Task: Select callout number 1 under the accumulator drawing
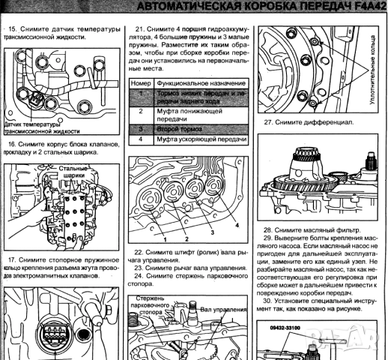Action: coord(160,238)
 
